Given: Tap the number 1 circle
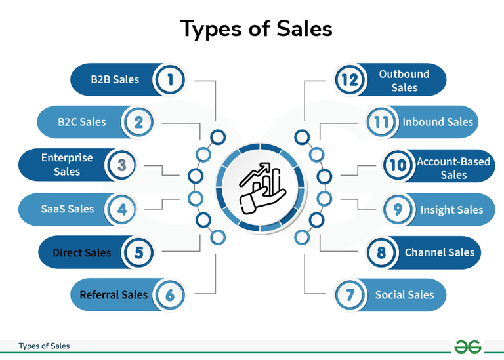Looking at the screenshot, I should click(x=170, y=80).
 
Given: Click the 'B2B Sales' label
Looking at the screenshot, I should click(x=115, y=79).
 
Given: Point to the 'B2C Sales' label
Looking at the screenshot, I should click(x=82, y=121).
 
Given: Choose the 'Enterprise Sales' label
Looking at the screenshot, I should click(x=67, y=165).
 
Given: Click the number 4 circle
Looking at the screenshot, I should click(x=121, y=210).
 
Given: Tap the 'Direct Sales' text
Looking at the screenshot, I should click(x=82, y=252).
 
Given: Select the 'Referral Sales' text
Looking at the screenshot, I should click(x=109, y=295).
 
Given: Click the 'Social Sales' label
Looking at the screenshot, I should click(x=404, y=295).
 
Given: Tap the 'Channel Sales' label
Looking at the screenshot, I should click(x=439, y=252).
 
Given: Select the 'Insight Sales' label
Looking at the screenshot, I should click(x=451, y=210).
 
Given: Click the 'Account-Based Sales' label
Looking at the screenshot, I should click(x=453, y=168).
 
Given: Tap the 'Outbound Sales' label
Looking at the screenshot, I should click(x=404, y=81).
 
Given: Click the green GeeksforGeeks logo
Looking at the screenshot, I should click(x=469, y=346).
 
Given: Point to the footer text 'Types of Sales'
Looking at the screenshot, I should click(x=44, y=346).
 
